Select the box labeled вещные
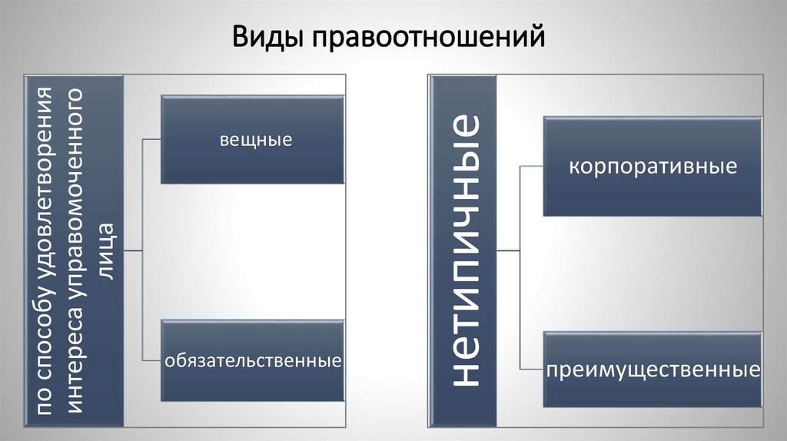252,140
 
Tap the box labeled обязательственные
252,360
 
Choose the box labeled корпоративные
653,166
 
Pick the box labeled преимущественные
653,370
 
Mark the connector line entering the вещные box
152,140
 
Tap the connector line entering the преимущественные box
532,370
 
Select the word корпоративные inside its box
653,166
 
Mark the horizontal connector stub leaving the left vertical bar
133,250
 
